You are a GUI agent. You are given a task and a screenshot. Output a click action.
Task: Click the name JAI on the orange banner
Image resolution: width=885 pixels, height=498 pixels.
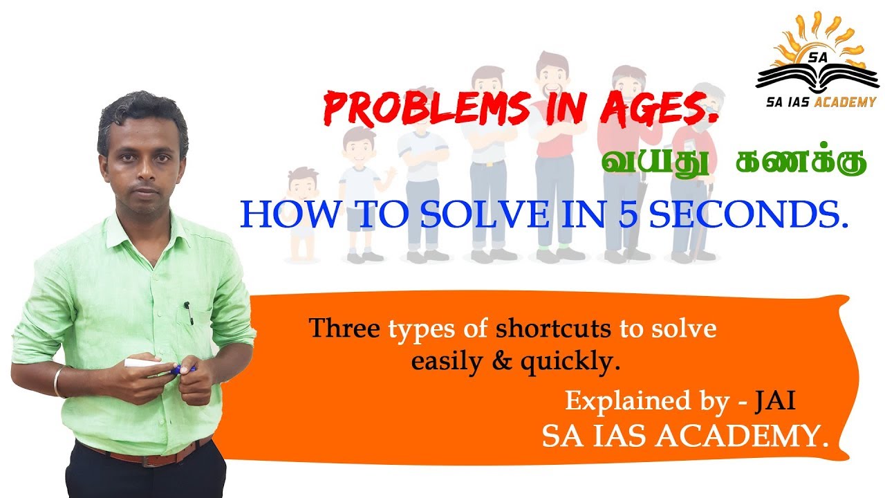(x=781, y=401)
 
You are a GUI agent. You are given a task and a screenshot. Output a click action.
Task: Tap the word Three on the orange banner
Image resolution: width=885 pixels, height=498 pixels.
(x=339, y=329)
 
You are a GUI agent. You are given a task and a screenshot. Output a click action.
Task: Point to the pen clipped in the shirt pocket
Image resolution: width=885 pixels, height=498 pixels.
(x=187, y=312)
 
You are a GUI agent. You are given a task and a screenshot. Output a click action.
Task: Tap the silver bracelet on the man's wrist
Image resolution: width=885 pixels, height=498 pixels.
(x=58, y=382)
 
